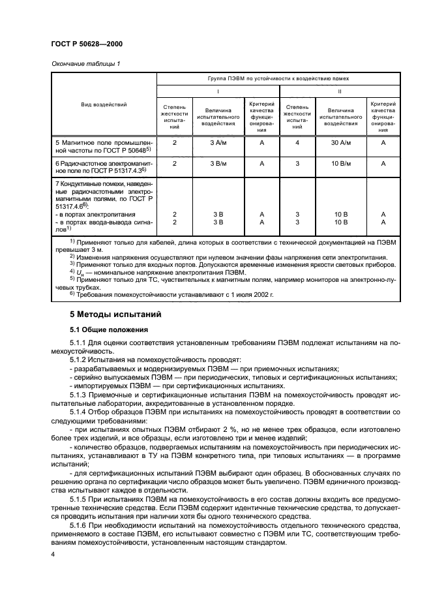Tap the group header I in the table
218,92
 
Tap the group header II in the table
340,92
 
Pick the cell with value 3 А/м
217,142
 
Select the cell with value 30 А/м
341,142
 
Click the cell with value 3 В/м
217,164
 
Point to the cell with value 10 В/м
341,164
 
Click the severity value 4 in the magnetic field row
297,142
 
